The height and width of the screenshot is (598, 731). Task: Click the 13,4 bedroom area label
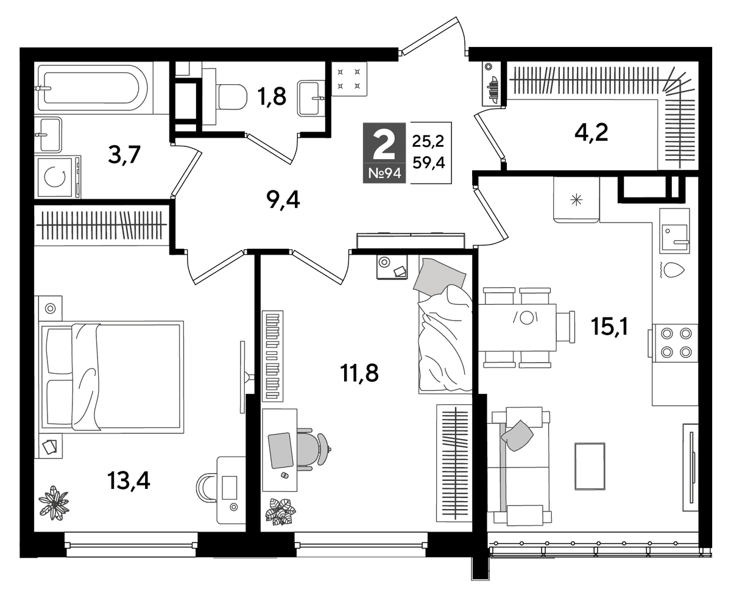[x=129, y=482]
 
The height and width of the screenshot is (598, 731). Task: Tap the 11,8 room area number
[x=359, y=374]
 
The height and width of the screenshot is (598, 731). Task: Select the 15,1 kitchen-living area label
[x=609, y=327]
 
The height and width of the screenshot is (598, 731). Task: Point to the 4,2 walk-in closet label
[x=592, y=133]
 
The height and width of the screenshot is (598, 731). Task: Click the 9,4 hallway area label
[x=283, y=200]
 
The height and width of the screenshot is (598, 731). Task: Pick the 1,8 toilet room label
[x=272, y=96]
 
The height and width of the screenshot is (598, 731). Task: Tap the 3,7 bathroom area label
[x=124, y=155]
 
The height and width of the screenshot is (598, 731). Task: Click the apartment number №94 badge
[x=384, y=173]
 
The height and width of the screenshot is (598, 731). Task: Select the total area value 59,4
[x=428, y=162]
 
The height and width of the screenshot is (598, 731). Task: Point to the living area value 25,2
[x=428, y=141]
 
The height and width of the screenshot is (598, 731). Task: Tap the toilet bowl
[x=231, y=96]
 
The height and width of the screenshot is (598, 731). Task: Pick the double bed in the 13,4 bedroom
[x=111, y=377]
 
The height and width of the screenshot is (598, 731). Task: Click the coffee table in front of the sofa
[x=590, y=466]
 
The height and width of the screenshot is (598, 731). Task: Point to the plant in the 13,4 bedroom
[x=54, y=502]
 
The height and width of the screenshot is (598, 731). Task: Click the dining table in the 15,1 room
[x=517, y=327]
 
